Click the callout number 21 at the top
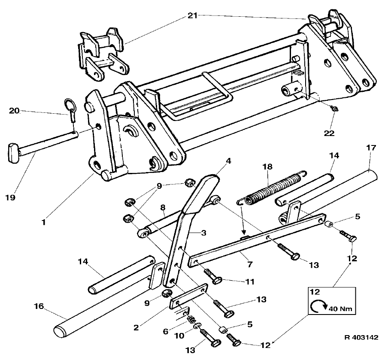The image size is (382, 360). [x=192, y=15]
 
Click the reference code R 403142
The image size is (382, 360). [x=361, y=337]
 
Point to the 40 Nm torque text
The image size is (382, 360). [x=340, y=309]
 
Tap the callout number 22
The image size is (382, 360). [x=329, y=133]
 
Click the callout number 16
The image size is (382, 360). [x=39, y=306]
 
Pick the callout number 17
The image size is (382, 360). [x=371, y=148]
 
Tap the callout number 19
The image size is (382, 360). [x=10, y=197]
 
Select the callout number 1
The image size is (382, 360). [x=44, y=222]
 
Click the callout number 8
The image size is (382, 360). [x=163, y=208]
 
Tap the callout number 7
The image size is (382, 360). [x=250, y=264]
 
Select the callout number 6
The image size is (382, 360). [x=166, y=332]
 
